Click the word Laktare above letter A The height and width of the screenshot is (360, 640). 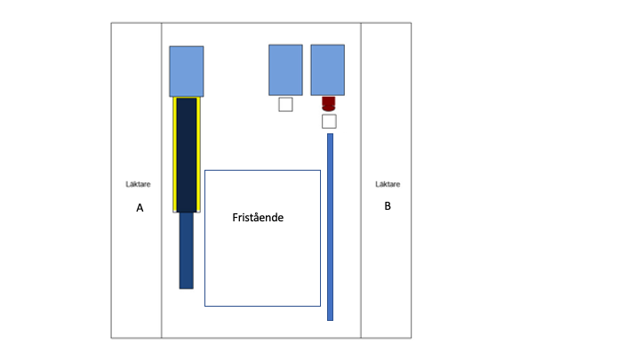[138, 184]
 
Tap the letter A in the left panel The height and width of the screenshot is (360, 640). [140, 208]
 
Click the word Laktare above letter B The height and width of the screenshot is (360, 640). [388, 184]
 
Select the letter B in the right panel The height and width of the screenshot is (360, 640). [388, 206]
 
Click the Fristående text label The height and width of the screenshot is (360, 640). [258, 218]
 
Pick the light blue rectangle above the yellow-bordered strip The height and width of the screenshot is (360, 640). [187, 71]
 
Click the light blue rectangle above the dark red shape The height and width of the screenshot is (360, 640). [328, 70]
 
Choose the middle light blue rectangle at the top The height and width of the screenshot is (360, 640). [285, 70]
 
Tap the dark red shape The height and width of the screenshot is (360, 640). [329, 104]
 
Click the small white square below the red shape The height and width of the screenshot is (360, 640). [329, 122]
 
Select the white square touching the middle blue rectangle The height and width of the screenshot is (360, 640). [285, 105]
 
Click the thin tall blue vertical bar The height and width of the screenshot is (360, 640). [330, 227]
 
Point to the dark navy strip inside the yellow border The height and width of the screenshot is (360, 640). [187, 155]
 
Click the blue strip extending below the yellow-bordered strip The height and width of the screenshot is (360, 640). [187, 251]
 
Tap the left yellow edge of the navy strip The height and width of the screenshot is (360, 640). [175, 155]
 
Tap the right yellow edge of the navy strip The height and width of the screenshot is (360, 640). [198, 155]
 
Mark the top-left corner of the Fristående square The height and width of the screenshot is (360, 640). [205, 170]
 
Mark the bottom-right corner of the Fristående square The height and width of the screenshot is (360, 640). [320, 306]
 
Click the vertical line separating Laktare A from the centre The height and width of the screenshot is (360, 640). [161, 180]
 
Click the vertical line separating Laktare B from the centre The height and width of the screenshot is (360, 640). [361, 180]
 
